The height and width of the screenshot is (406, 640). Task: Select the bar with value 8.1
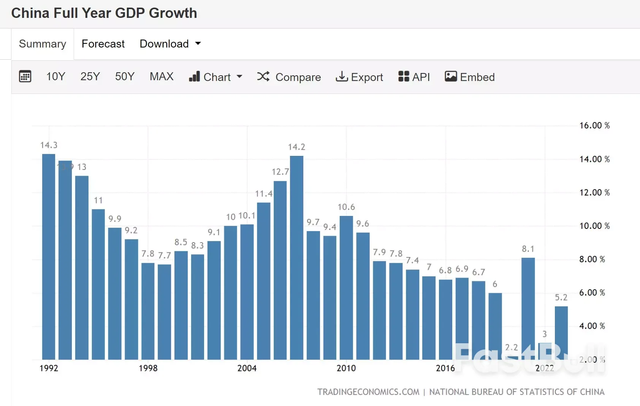coord(528,308)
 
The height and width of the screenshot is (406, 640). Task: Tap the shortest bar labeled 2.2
coord(512,357)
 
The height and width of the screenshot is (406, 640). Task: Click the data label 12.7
coord(280,172)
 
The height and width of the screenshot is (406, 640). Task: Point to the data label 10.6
coord(346,207)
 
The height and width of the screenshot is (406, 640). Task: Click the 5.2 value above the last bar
coord(561,298)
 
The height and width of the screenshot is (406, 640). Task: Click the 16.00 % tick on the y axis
coord(594,125)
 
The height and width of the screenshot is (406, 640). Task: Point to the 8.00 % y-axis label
coord(592,259)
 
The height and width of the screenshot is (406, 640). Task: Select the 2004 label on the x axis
coord(247,368)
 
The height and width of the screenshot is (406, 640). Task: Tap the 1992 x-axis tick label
coord(49,368)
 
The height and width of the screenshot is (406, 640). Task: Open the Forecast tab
coord(103,44)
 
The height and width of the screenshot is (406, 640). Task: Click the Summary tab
coord(43,44)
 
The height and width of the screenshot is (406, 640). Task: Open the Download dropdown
coord(170,44)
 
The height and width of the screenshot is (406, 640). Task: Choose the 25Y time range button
coord(90,76)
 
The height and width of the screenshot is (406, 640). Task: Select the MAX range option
coord(162,76)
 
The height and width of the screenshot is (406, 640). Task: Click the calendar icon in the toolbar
coord(25,76)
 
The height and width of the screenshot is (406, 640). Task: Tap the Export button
coord(360,77)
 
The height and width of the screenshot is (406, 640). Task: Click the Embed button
coord(470,77)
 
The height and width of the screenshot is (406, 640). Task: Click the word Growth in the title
coord(173,13)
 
